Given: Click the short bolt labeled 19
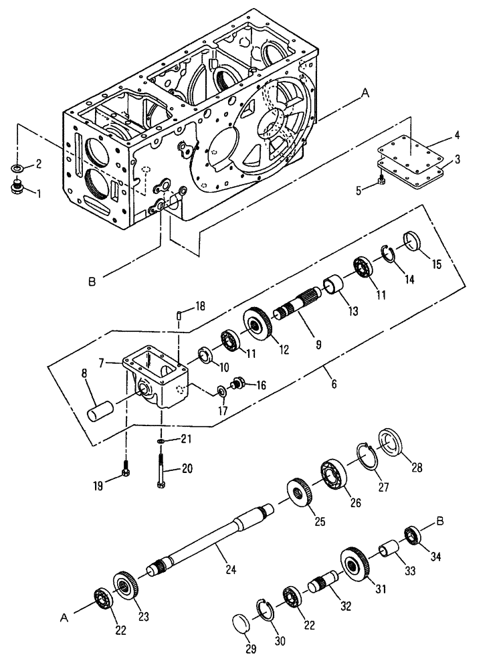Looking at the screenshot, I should [x=126, y=474].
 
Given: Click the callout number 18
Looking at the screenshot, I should [x=199, y=306].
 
